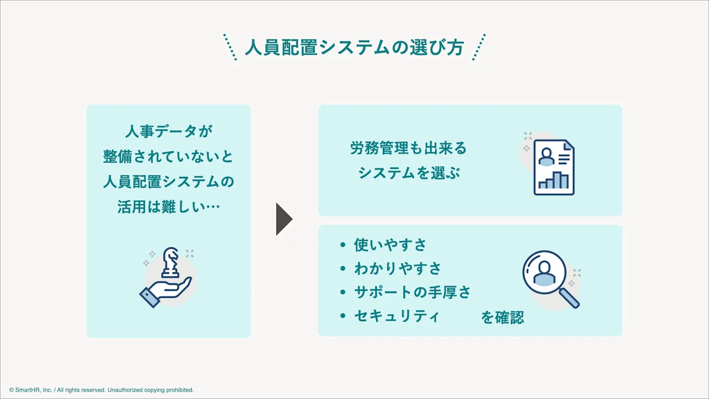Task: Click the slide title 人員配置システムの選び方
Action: [x=354, y=47]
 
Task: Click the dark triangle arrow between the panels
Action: [x=284, y=219]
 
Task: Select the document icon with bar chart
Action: [x=554, y=167]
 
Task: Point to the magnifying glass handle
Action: [x=570, y=298]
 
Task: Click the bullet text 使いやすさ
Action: [x=390, y=244]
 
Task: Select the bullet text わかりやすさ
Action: [x=397, y=268]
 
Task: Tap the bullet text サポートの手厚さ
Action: [x=412, y=292]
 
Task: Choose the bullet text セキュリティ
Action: [x=397, y=316]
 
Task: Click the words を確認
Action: [x=502, y=317]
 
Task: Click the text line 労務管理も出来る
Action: [x=408, y=148]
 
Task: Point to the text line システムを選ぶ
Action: [x=409, y=173]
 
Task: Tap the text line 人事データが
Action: [x=169, y=131]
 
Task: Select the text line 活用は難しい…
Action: [x=169, y=207]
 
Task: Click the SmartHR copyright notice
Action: [x=102, y=390]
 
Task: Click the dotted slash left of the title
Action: [x=230, y=47]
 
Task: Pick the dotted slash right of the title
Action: [x=479, y=47]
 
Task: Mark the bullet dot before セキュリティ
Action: [x=343, y=316]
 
